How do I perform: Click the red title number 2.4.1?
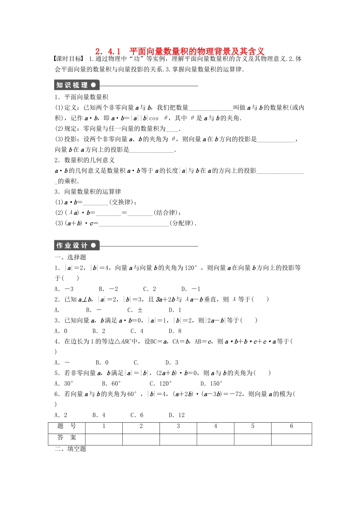point(108,51)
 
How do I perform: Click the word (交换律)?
point(123,202)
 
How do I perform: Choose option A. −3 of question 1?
point(64,289)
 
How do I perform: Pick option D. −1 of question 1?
point(191,289)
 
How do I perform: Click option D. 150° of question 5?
point(211,384)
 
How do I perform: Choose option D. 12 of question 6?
point(177,415)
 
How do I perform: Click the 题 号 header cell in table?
point(67,426)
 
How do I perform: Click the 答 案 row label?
point(67,438)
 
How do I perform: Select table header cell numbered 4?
point(216,426)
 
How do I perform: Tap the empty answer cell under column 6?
point(291,439)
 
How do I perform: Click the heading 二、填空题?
point(70,449)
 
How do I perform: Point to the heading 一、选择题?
point(70,258)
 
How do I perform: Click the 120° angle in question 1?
point(191,268)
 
